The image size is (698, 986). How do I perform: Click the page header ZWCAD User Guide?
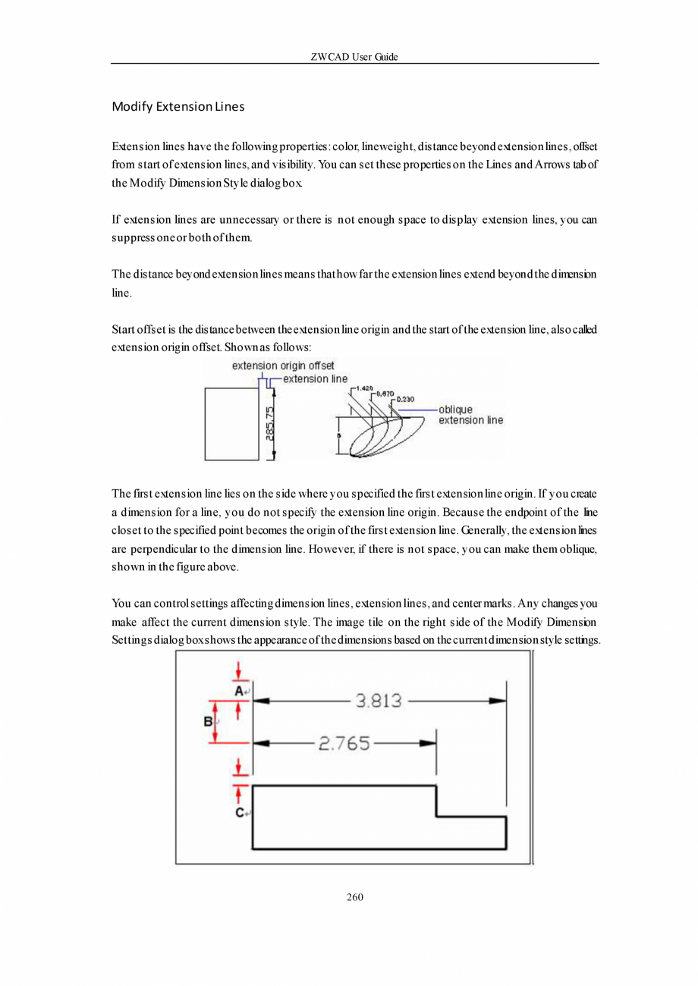click(x=354, y=57)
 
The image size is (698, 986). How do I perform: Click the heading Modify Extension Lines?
click(x=178, y=106)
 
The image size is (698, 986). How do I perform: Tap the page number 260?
click(x=354, y=897)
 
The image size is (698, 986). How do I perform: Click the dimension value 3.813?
click(x=379, y=701)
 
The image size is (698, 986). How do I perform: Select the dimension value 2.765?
click(x=344, y=743)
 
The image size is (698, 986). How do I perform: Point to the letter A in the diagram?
click(x=238, y=691)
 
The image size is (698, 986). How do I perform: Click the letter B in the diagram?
click(x=208, y=722)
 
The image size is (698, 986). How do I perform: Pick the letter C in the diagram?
click(x=239, y=812)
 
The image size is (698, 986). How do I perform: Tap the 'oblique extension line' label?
click(x=470, y=415)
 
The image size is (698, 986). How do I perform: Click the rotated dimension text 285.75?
click(x=269, y=428)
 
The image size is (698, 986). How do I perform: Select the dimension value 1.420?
click(x=365, y=388)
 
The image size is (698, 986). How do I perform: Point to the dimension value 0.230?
click(x=406, y=398)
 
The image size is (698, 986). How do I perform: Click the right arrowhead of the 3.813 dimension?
click(x=498, y=702)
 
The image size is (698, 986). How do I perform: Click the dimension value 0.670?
click(x=385, y=393)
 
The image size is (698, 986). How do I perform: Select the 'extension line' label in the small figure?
click(x=315, y=378)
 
